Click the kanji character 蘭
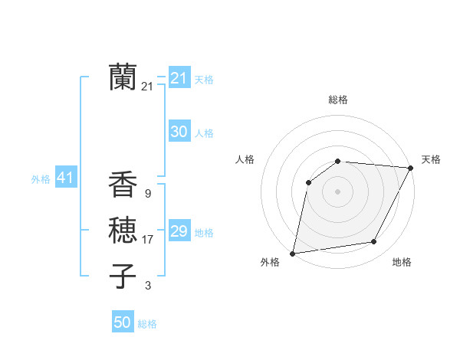pyautogui.click(x=123, y=77)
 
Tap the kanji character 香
pyautogui.click(x=123, y=185)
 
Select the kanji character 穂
pyautogui.click(x=123, y=231)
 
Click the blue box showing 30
pyautogui.click(x=179, y=132)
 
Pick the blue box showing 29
pyautogui.click(x=179, y=231)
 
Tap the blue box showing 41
pyautogui.click(x=65, y=178)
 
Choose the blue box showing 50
pyautogui.click(x=123, y=322)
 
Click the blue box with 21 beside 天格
pyautogui.click(x=179, y=78)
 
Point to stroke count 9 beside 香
pyautogui.click(x=147, y=194)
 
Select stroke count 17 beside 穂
pyautogui.click(x=148, y=240)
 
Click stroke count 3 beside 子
pyautogui.click(x=147, y=286)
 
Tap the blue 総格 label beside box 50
pyautogui.click(x=147, y=324)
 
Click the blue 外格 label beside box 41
pyautogui.click(x=41, y=179)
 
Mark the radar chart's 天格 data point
pyautogui.click(x=411, y=169)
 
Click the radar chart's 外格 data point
pyautogui.click(x=293, y=253)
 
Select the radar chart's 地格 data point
pyautogui.click(x=374, y=242)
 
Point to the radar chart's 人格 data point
pyautogui.click(x=308, y=182)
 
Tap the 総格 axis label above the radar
pyautogui.click(x=337, y=100)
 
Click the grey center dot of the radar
pyautogui.click(x=337, y=191)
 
